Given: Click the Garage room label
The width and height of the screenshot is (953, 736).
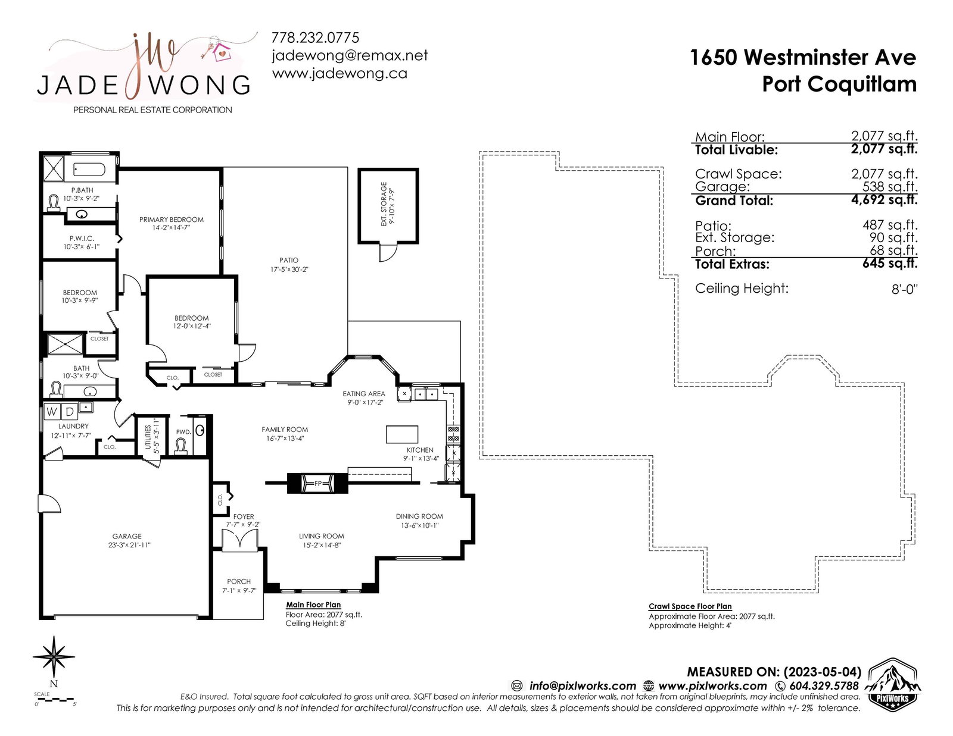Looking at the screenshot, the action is point(127,536).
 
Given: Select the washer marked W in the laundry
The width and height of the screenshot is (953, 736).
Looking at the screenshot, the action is point(52,411).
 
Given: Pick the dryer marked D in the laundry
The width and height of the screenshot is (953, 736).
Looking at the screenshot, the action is point(69,411).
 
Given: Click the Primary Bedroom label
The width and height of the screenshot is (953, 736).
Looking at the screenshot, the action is point(172,220).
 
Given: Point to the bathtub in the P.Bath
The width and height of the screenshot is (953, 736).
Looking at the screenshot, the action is point(89,170).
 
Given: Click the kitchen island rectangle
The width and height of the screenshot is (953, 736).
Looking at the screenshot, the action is point(401,434).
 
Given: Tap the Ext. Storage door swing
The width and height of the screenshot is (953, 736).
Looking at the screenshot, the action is point(388,252).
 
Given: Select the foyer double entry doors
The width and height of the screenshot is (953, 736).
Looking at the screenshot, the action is point(239,539).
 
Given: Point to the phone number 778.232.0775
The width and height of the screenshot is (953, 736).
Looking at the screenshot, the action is point(315,37).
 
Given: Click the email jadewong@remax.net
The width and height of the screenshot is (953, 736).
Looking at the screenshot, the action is point(350,56).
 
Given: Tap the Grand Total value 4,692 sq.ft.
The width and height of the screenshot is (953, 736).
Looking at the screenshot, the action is point(884,200).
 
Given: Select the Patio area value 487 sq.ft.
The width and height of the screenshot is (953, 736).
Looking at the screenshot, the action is point(890,225).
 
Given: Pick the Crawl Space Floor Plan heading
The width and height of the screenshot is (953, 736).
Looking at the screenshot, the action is point(690,606).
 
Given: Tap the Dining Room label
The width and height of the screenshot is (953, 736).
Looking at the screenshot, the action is point(419,516).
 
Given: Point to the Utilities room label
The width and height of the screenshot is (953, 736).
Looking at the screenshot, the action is point(148,437).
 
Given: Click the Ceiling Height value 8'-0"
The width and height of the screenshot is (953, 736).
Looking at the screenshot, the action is point(904,289).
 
